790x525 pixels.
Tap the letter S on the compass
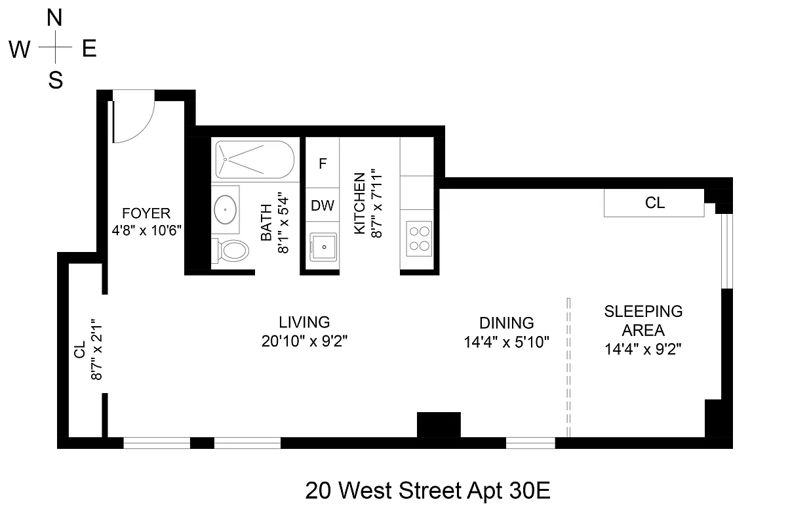click(x=56, y=80)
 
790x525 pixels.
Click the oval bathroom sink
click(x=226, y=209)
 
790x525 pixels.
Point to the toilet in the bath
click(x=232, y=250)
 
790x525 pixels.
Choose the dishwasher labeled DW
click(x=323, y=205)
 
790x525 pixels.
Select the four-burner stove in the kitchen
click(x=419, y=239)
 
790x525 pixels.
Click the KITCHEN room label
click(x=359, y=203)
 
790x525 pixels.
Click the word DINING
click(x=506, y=323)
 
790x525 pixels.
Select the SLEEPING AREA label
click(x=643, y=320)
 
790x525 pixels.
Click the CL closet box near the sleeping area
click(x=654, y=203)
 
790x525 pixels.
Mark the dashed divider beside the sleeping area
click(x=568, y=367)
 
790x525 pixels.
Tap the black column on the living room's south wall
click(x=439, y=424)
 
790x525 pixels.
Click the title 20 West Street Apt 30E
click(x=427, y=491)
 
